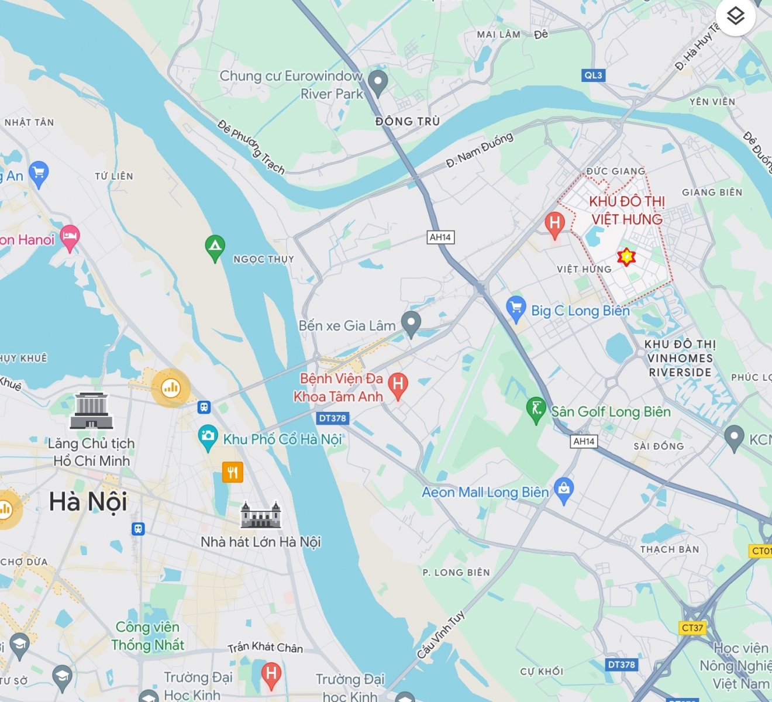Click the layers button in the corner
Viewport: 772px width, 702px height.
click(735, 16)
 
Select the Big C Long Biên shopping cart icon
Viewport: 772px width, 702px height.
click(516, 308)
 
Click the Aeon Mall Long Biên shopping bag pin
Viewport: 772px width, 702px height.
click(564, 490)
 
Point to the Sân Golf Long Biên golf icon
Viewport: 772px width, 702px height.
click(536, 409)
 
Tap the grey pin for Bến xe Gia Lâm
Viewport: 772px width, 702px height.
click(411, 324)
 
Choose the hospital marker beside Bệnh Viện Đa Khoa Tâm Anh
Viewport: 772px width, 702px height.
click(398, 386)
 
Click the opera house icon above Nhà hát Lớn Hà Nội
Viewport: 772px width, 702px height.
click(261, 515)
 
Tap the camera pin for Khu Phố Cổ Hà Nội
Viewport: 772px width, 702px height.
click(208, 437)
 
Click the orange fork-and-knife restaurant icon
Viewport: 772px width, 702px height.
click(232, 472)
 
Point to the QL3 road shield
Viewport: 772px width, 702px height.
click(593, 75)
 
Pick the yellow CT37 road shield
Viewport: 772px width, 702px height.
click(692, 628)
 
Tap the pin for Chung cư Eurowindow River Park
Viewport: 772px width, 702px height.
click(378, 82)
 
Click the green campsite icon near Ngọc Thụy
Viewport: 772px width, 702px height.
click(215, 247)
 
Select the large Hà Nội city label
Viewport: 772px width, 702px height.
click(88, 502)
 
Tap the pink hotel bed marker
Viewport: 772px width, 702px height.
click(70, 238)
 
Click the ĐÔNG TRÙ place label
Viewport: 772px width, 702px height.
click(408, 121)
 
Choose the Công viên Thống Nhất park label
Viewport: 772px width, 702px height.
click(147, 636)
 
